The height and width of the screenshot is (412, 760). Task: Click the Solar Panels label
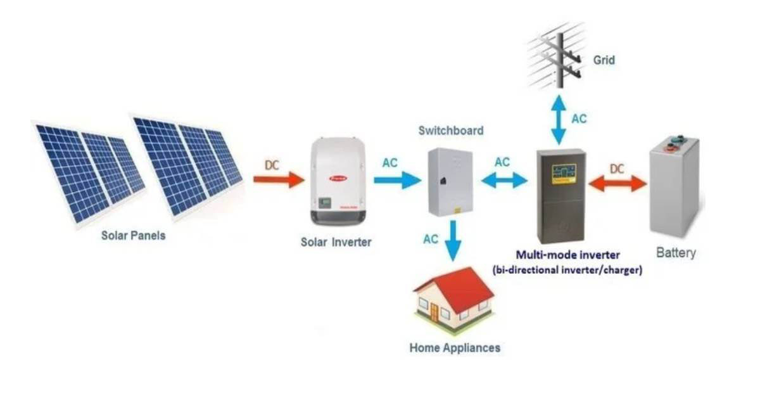point(133,236)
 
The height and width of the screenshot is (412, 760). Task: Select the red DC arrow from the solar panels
point(279,179)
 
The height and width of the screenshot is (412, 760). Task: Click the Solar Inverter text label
point(336,242)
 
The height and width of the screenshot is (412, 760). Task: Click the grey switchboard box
point(450,182)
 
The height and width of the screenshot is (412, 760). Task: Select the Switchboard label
point(450,131)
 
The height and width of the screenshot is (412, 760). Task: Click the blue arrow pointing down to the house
point(452,240)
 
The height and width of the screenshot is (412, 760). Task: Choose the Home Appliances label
point(454,348)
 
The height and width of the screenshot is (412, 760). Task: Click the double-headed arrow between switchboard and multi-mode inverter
point(503,181)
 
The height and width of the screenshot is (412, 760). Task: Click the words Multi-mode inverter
point(567,255)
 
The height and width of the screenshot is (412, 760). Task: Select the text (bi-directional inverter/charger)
point(567,270)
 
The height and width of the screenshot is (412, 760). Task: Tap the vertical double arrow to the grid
point(558,119)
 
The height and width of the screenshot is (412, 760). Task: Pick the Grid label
point(604,61)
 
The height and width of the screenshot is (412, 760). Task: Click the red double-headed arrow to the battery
point(617,183)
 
